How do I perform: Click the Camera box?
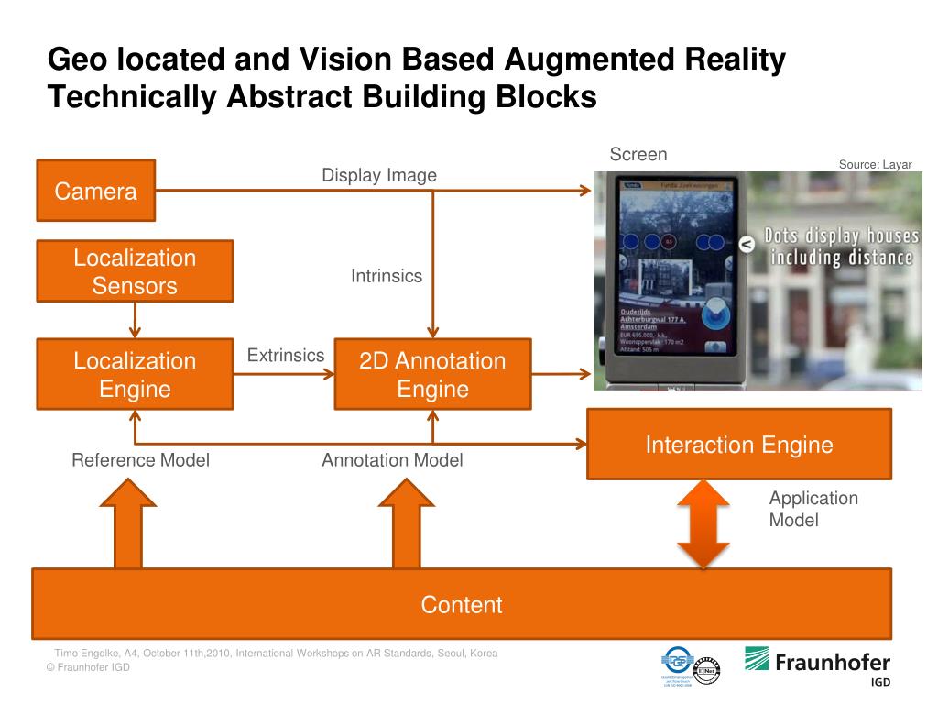pyautogui.click(x=95, y=191)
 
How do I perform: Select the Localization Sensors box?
pyautogui.click(x=135, y=271)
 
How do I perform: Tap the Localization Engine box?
pyautogui.click(x=135, y=374)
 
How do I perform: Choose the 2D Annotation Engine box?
pyautogui.click(x=432, y=374)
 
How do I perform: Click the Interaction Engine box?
pyautogui.click(x=738, y=445)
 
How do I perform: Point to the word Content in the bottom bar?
pyautogui.click(x=462, y=605)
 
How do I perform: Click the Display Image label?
pyautogui.click(x=379, y=175)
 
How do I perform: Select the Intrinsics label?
pyautogui.click(x=387, y=275)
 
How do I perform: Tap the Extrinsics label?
pyautogui.click(x=286, y=355)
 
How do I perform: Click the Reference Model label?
pyautogui.click(x=140, y=460)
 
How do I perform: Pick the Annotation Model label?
pyautogui.click(x=392, y=460)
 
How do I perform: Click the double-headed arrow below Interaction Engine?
pyautogui.click(x=703, y=523)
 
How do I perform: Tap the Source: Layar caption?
pyautogui.click(x=875, y=164)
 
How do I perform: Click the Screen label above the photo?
pyautogui.click(x=638, y=154)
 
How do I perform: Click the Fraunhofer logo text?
pyautogui.click(x=832, y=662)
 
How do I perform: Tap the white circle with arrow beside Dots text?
pyautogui.click(x=746, y=243)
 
